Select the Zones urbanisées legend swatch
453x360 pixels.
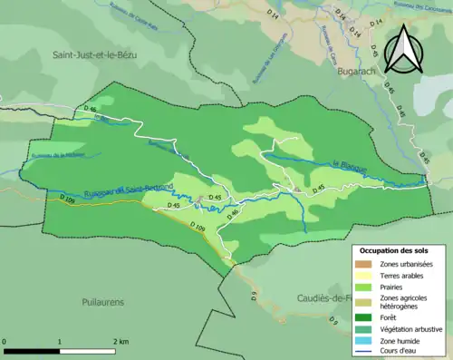(x=368, y=262)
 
